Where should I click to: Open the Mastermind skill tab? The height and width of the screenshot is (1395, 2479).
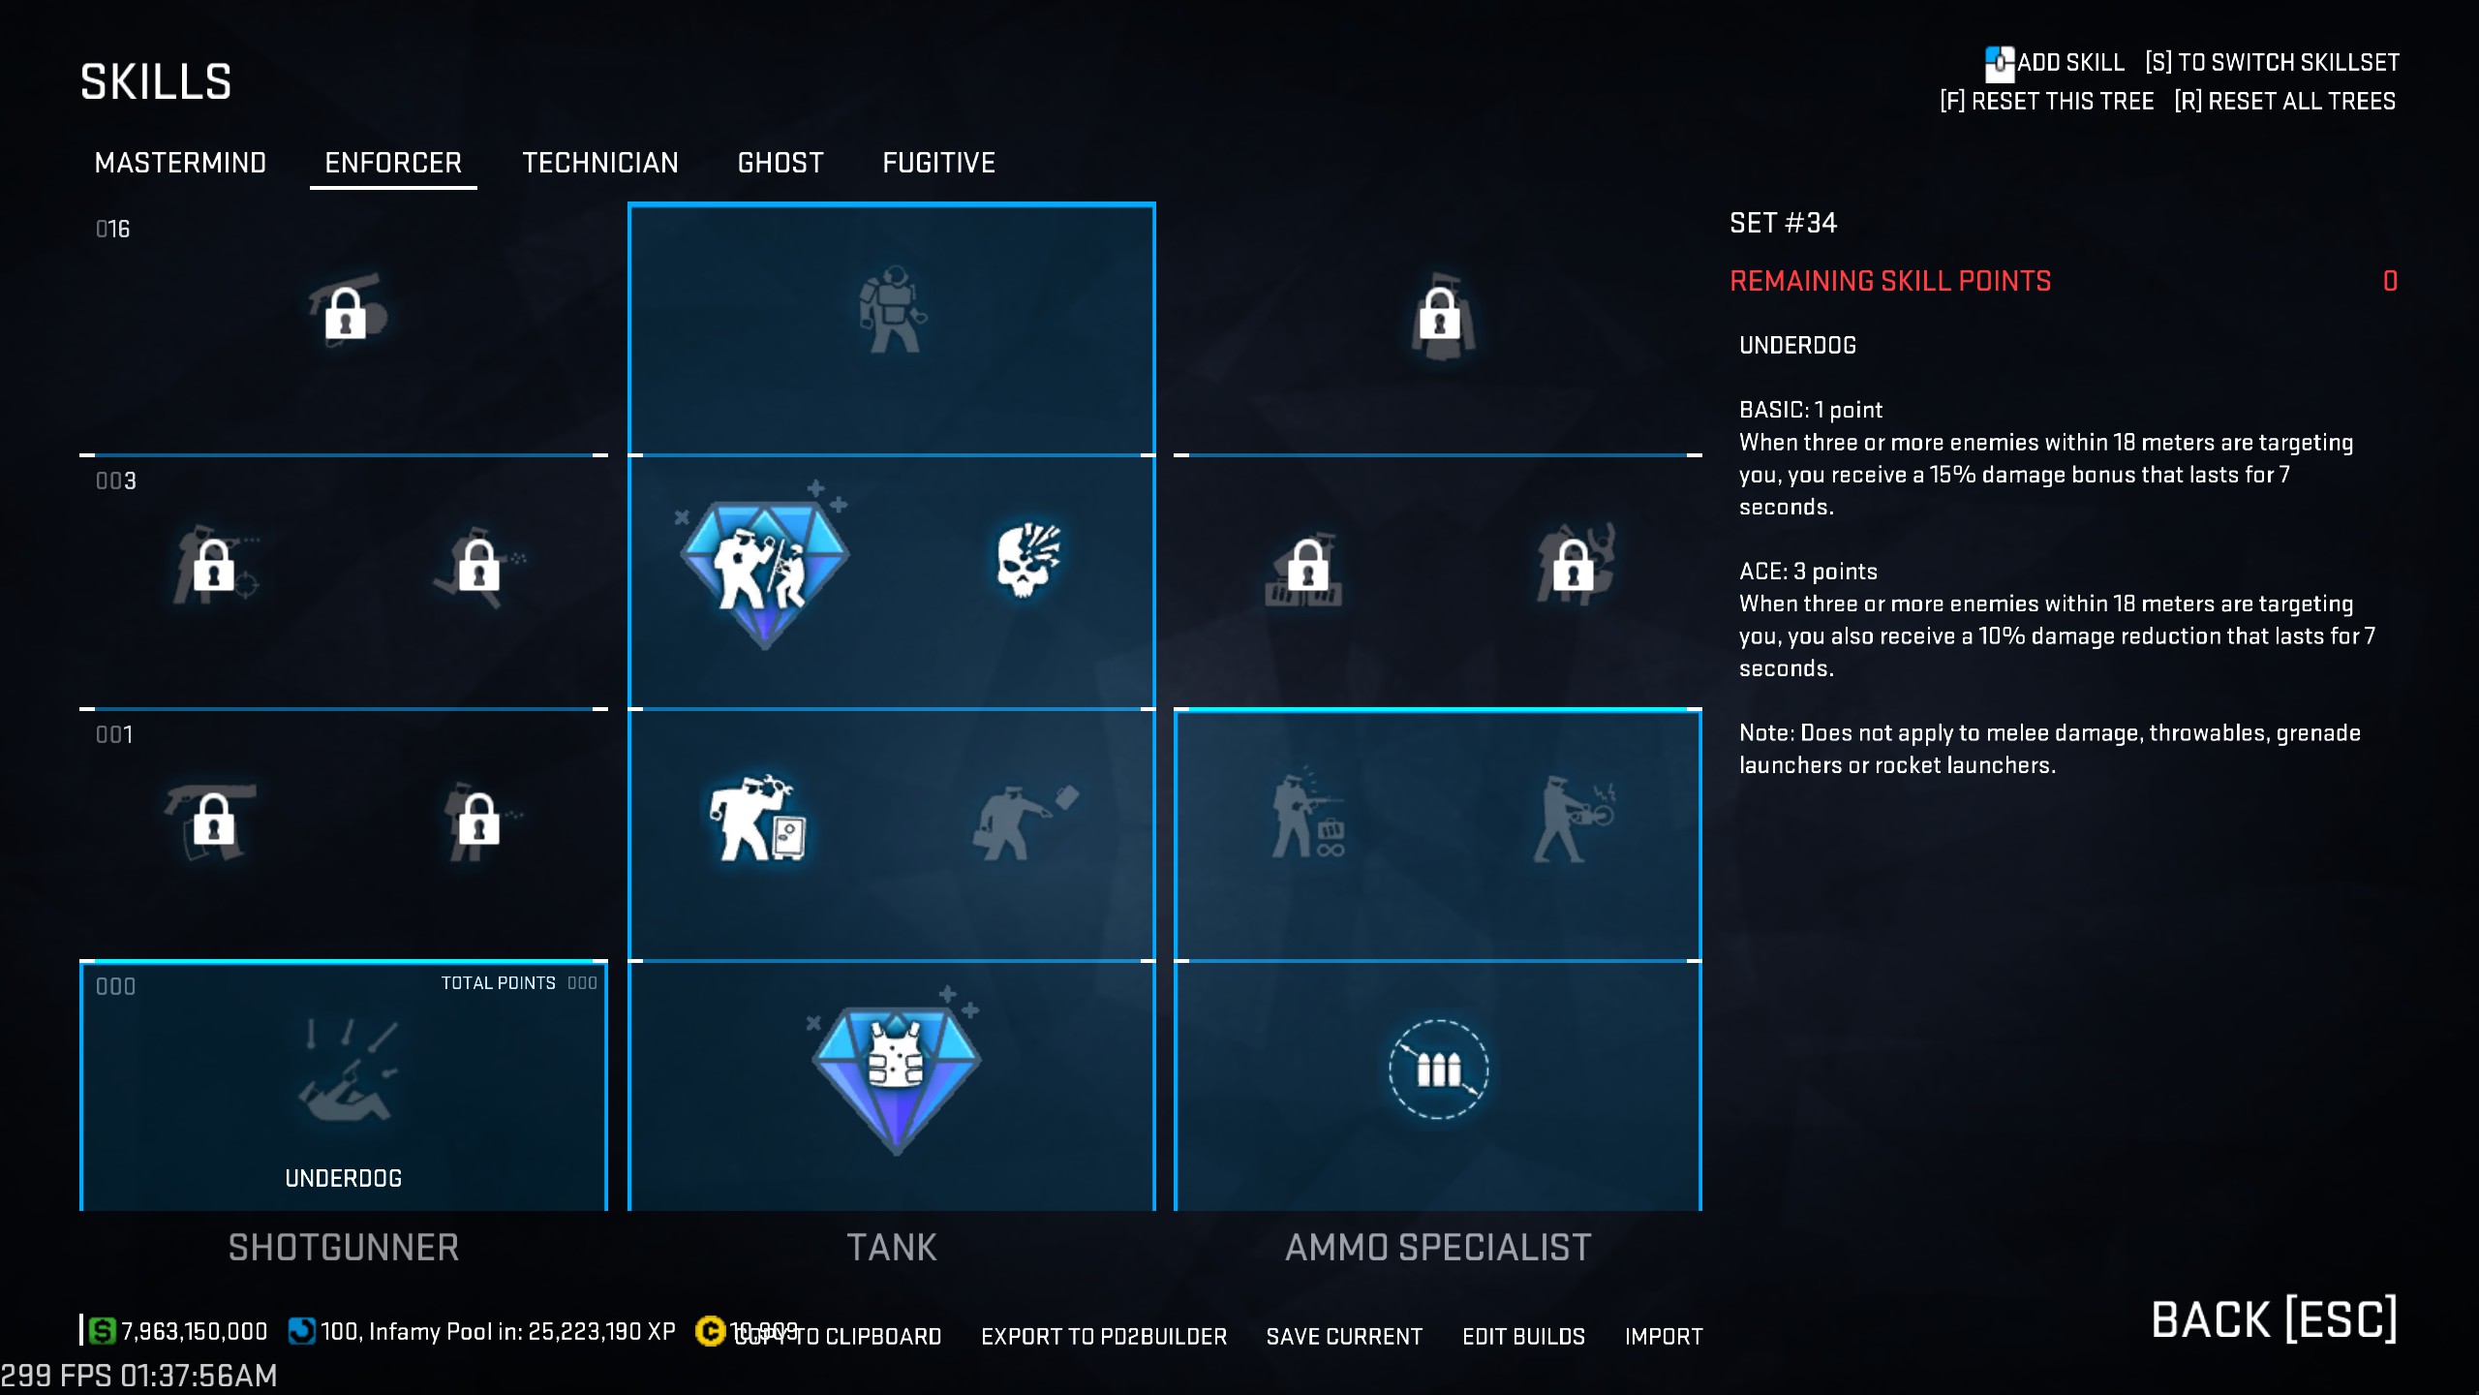(180, 163)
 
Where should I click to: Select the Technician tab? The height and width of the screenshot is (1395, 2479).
(599, 163)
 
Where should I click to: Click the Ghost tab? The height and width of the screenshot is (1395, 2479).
(780, 163)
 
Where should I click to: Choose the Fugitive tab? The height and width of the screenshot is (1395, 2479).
(938, 163)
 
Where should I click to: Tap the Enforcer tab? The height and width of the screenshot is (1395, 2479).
(393, 163)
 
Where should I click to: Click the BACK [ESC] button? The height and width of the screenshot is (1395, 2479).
(2274, 1319)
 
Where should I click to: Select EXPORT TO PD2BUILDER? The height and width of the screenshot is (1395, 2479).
(1104, 1337)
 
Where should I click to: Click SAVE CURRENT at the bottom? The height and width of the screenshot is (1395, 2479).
(1344, 1337)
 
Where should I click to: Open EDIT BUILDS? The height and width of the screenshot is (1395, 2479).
(1523, 1337)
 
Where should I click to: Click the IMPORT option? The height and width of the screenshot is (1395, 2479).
(1664, 1337)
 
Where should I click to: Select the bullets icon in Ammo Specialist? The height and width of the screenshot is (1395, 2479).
(1438, 1069)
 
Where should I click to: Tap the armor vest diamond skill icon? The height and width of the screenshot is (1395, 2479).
(896, 1071)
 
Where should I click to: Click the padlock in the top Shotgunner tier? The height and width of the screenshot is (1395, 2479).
(346, 312)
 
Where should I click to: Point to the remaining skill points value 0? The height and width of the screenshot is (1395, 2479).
(2390, 281)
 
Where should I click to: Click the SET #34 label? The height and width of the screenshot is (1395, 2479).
(1783, 223)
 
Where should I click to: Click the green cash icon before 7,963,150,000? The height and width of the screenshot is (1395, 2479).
(102, 1331)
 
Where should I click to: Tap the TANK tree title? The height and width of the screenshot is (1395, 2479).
(892, 1248)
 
